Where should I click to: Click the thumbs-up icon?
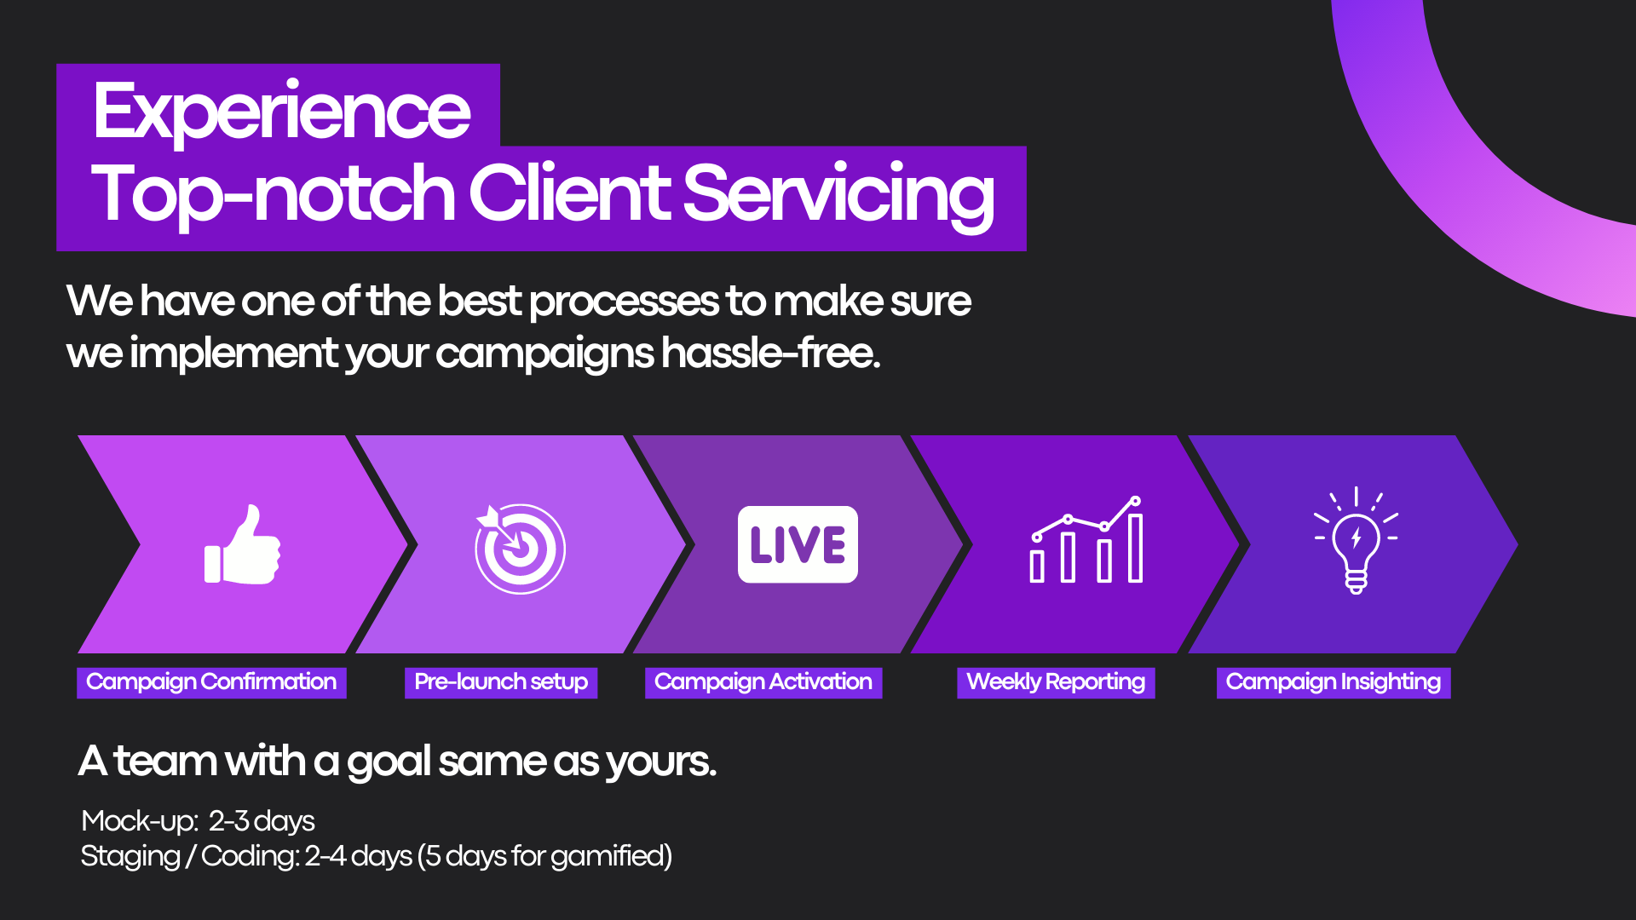click(243, 545)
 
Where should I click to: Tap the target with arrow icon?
click(520, 548)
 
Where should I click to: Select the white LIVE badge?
click(798, 544)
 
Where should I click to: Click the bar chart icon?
click(1086, 542)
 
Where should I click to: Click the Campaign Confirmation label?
click(211, 682)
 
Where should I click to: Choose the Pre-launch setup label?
click(501, 682)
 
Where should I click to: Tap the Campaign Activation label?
click(763, 682)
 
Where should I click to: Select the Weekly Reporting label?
click(1056, 682)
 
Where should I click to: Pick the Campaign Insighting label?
click(1334, 682)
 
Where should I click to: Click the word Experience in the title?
click(281, 112)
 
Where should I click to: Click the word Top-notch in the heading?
click(273, 194)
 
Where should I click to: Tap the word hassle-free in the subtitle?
click(770, 353)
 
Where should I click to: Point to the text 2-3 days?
click(262, 821)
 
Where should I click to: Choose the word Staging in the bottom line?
click(130, 856)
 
